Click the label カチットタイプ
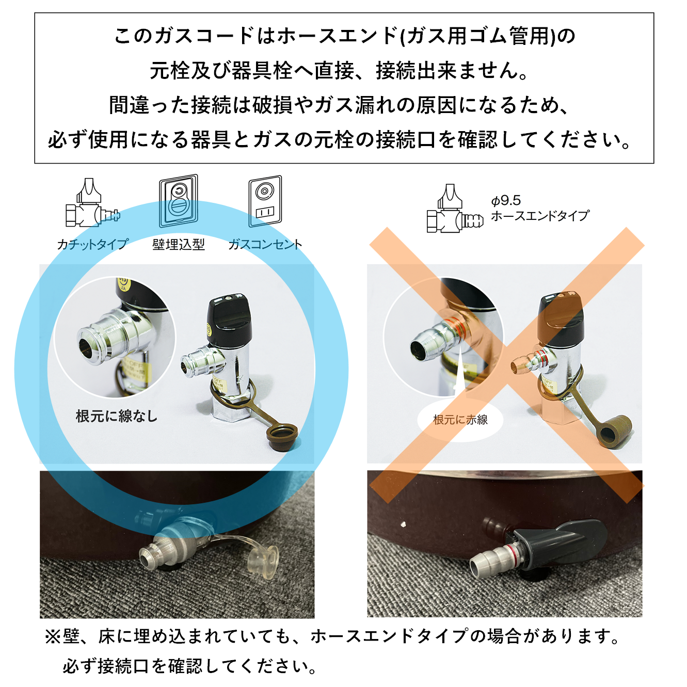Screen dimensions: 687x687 click(92, 244)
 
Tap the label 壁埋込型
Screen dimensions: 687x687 click(179, 244)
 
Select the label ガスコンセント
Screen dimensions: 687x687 click(265, 244)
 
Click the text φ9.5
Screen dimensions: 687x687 click(506, 200)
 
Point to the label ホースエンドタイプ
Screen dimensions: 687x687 click(540, 216)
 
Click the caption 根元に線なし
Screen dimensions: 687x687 click(117, 416)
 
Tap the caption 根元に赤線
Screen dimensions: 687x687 click(460, 420)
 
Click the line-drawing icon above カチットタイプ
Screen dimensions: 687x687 click(92, 204)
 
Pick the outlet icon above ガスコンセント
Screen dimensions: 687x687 click(265, 201)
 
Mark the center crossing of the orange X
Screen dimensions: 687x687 click(507, 365)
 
